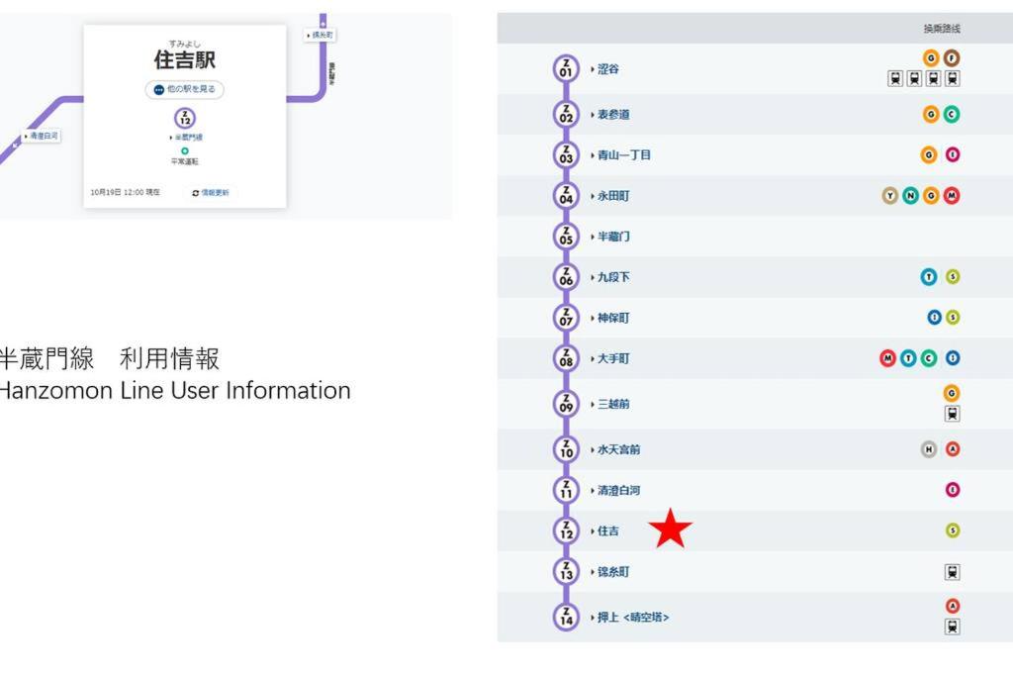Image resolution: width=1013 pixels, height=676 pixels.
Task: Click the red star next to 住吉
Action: click(671, 529)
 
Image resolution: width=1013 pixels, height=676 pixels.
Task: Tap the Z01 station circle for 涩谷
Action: click(566, 68)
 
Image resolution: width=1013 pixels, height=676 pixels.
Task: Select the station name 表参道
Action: click(613, 115)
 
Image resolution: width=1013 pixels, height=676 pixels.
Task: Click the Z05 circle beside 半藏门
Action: click(566, 237)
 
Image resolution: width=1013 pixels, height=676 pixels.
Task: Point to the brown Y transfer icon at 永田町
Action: click(889, 196)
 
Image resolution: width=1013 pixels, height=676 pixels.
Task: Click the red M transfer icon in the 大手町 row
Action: click(887, 358)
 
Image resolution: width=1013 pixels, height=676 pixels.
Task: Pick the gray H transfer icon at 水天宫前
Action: click(929, 449)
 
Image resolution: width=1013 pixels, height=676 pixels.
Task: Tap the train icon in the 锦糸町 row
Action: click(952, 572)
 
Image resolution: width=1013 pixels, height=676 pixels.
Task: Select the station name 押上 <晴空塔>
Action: click(633, 618)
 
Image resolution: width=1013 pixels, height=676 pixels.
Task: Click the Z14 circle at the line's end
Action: click(566, 617)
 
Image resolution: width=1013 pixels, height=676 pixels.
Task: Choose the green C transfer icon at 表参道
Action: click(952, 115)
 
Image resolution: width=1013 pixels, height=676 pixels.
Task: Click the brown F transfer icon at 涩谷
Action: click(952, 58)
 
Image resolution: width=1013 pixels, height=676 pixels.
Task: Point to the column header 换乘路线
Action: click(941, 29)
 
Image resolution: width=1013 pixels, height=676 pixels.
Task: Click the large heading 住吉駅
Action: click(184, 59)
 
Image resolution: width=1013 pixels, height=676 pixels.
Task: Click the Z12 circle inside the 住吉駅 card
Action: click(185, 118)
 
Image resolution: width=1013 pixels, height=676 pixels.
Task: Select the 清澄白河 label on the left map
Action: click(43, 136)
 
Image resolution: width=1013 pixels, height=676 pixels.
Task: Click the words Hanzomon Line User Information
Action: click(174, 391)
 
